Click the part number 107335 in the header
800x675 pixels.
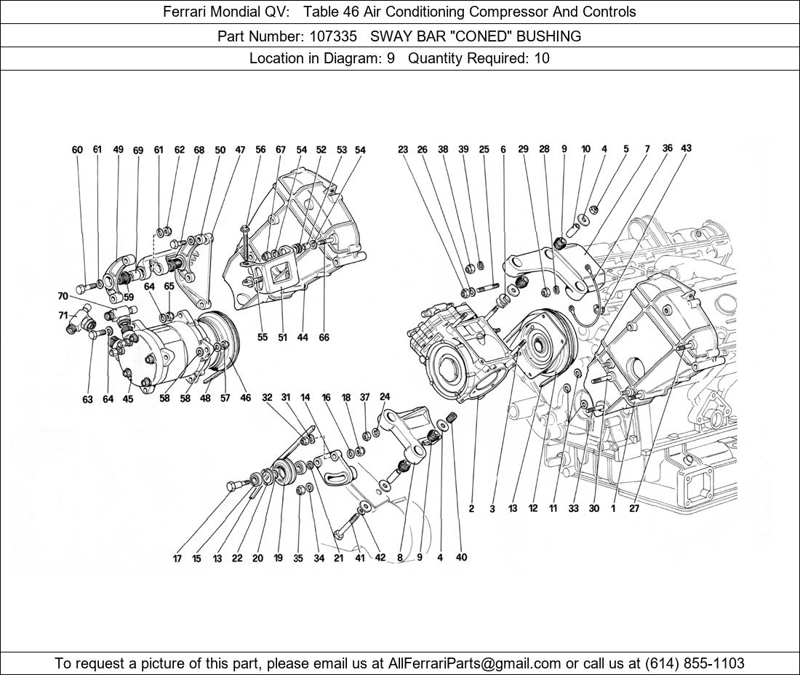(328, 36)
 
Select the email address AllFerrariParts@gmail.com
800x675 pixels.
(475, 663)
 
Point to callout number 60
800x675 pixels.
(77, 150)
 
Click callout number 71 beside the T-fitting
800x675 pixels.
(63, 315)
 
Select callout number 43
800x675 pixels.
(686, 148)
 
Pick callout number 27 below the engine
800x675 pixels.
(634, 508)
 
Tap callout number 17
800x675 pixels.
(177, 559)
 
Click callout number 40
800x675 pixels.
(461, 557)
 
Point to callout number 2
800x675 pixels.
(471, 508)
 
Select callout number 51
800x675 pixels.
(282, 337)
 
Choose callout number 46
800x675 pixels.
(246, 398)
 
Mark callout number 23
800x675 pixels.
(403, 150)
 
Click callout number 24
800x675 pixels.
(385, 397)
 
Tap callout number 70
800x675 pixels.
(63, 296)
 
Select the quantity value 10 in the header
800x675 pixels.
(542, 58)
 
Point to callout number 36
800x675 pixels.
(667, 148)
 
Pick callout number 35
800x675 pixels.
(298, 559)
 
